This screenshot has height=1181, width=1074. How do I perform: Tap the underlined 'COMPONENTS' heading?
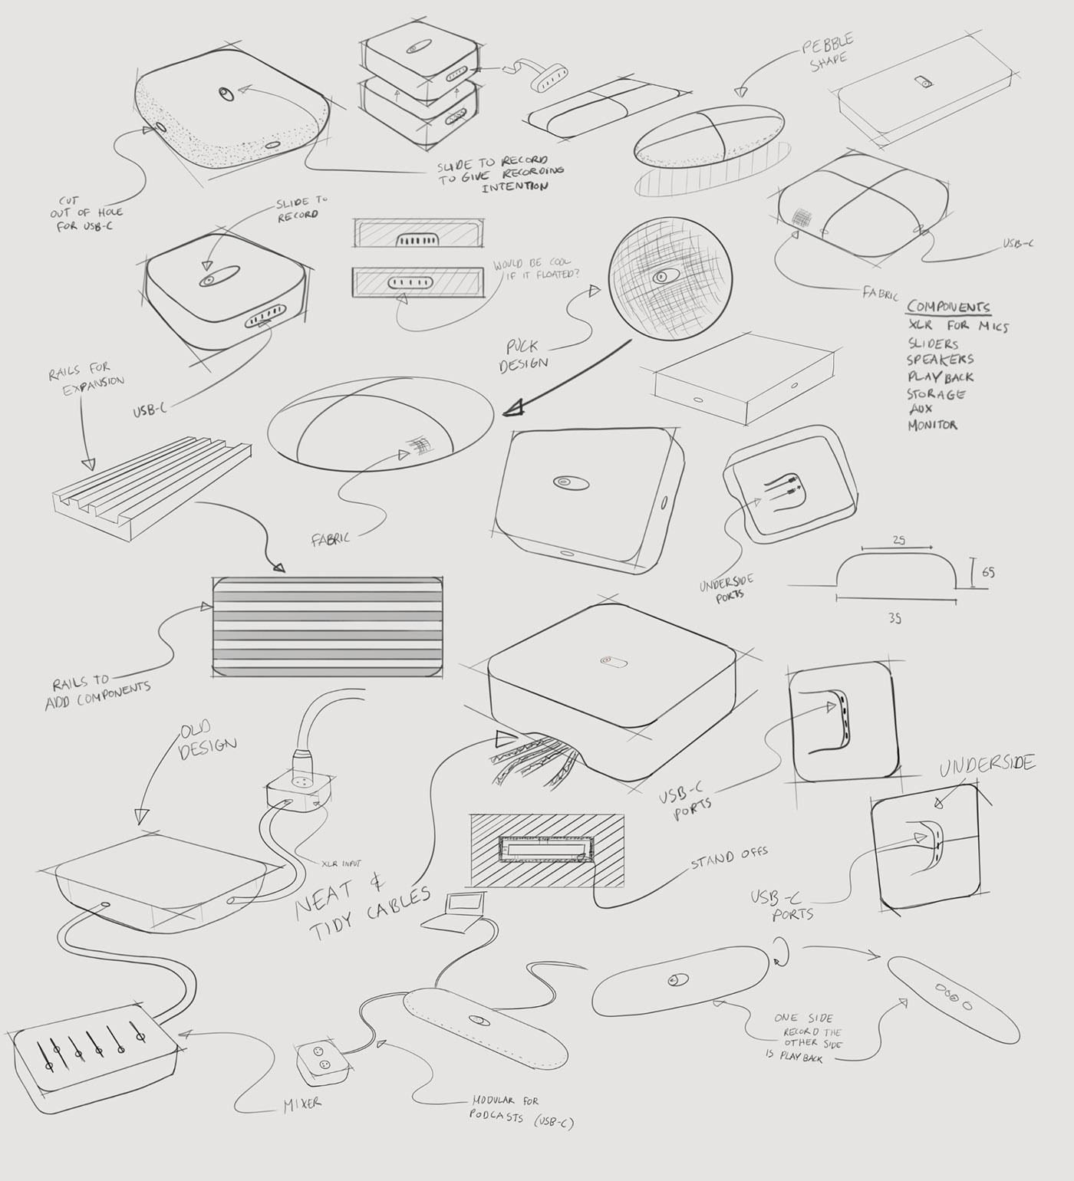[x=948, y=307]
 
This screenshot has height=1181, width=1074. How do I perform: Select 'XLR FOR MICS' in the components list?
[x=958, y=326]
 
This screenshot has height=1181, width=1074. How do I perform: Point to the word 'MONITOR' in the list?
[x=933, y=424]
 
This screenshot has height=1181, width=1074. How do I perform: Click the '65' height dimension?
[x=988, y=572]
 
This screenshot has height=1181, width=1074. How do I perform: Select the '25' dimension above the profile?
[x=898, y=540]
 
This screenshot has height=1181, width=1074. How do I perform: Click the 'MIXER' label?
[x=301, y=1103]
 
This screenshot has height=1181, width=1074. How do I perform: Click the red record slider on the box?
[x=614, y=660]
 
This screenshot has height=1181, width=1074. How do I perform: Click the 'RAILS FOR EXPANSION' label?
[x=87, y=378]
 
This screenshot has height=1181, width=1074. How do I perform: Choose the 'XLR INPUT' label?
[x=341, y=863]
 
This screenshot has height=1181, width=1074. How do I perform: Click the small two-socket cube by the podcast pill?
[x=318, y=1062]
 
